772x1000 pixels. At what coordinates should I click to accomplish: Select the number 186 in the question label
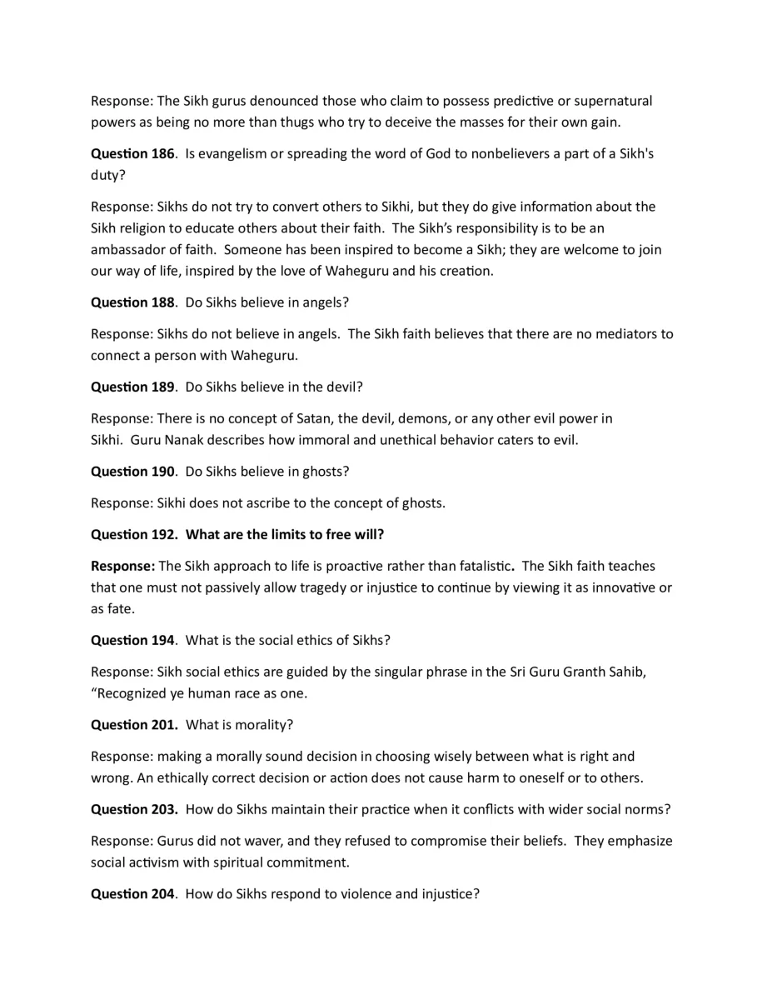pos(162,154)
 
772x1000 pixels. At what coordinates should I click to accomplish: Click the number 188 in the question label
pos(162,302)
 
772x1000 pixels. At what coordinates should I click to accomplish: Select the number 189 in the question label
pos(162,387)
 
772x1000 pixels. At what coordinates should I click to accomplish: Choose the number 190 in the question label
pos(162,471)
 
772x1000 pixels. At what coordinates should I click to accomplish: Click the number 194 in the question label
pos(162,640)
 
